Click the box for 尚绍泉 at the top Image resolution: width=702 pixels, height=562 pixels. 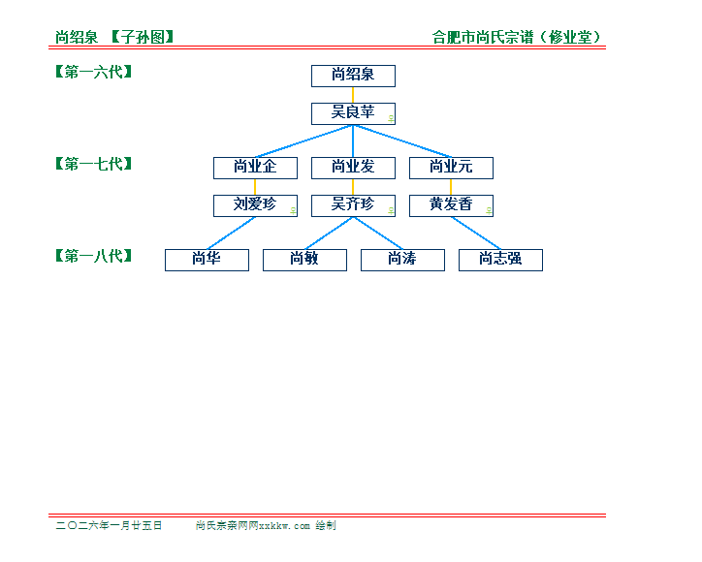[353, 76]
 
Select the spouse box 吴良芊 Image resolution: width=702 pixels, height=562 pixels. [353, 113]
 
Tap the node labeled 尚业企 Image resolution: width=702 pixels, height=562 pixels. [255, 168]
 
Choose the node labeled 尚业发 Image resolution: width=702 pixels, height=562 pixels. [353, 168]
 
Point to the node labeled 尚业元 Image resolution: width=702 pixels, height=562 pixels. [451, 168]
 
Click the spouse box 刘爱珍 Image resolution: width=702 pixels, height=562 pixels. [255, 205]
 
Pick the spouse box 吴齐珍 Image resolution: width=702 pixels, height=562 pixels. [353, 205]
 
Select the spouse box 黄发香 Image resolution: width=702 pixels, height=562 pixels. [451, 205]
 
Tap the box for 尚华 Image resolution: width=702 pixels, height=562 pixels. [207, 260]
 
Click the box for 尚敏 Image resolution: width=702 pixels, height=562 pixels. [304, 260]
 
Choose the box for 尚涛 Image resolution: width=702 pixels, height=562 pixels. [402, 260]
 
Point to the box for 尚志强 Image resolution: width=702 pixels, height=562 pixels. [500, 260]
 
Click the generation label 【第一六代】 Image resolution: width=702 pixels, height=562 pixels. [93, 72]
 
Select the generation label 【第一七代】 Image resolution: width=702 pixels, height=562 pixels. [93, 164]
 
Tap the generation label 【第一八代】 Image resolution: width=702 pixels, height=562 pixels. [93, 256]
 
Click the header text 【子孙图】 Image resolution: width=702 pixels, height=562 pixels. [142, 38]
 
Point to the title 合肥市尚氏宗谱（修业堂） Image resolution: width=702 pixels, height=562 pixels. [523, 38]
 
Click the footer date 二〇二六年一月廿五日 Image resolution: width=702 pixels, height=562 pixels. [109, 526]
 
